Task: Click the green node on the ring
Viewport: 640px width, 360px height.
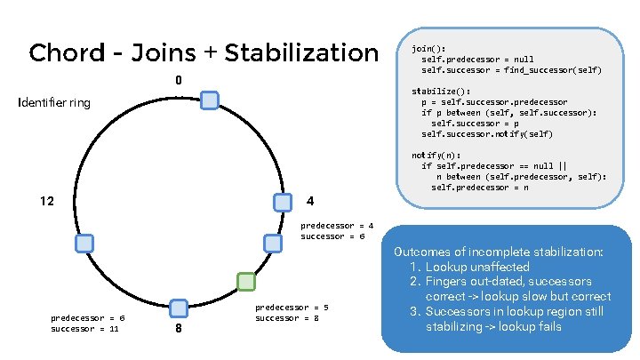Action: click(246, 282)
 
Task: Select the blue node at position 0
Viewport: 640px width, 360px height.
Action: click(209, 100)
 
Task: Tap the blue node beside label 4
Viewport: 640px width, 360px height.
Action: click(283, 202)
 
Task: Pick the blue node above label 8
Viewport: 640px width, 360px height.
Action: click(178, 308)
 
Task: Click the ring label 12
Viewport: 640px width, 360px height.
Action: click(48, 201)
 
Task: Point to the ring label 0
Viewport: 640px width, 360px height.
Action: click(178, 80)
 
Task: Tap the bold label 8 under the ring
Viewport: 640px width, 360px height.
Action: click(179, 330)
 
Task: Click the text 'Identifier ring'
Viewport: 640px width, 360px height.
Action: click(54, 103)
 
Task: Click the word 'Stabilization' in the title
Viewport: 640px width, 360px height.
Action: click(301, 53)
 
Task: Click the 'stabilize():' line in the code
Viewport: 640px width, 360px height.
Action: click(440, 92)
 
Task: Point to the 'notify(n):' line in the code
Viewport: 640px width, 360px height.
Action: click(436, 155)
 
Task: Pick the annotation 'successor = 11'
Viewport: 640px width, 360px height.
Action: click(84, 328)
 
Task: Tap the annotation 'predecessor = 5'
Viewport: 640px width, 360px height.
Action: click(292, 307)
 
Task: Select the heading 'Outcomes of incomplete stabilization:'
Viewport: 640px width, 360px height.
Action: click(497, 252)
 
